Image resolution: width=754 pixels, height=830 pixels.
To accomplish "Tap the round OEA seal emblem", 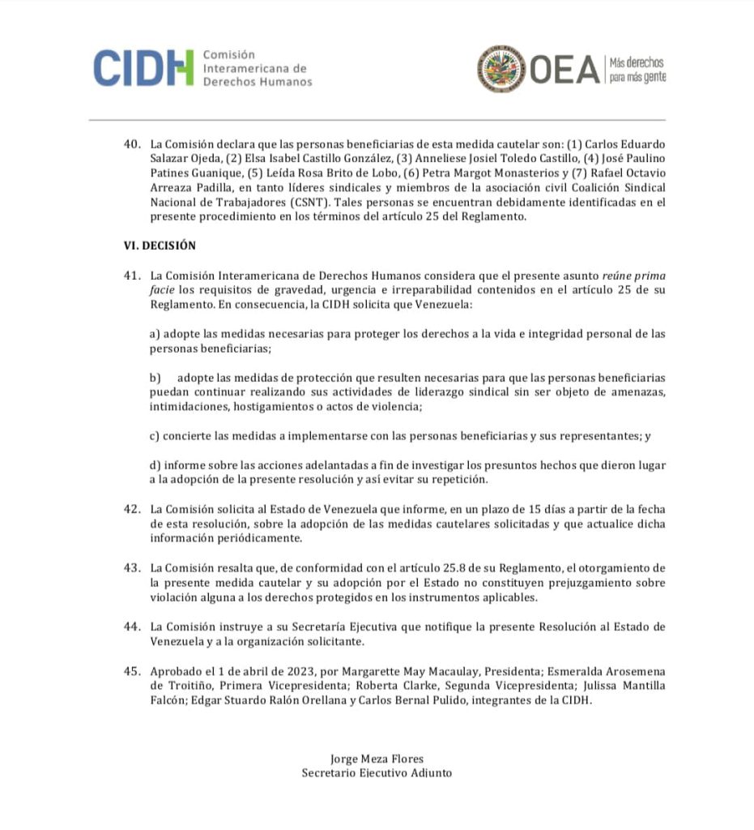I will [501, 68].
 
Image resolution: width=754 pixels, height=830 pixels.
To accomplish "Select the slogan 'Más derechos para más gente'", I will [637, 69].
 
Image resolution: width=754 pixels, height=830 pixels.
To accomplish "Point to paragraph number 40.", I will [132, 144].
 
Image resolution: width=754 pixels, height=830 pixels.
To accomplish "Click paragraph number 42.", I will [132, 509].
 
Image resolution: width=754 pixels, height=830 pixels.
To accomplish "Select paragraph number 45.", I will [132, 672].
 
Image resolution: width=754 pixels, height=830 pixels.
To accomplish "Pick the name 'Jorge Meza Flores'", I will [377, 759].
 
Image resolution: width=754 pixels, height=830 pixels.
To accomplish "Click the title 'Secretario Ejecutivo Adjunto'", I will [377, 773].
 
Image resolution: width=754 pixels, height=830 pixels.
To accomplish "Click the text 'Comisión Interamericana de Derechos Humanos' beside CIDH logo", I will [257, 67].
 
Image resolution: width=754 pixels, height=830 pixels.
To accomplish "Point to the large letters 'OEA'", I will [564, 69].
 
